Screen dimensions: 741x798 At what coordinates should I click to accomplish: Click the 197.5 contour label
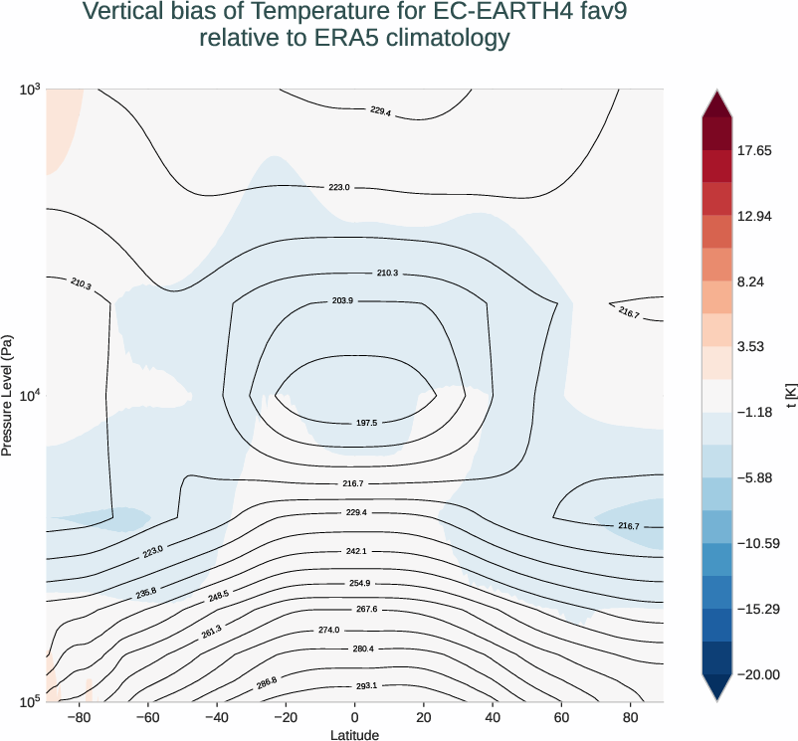click(366, 423)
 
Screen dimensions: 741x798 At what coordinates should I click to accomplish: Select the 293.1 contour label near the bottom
click(366, 685)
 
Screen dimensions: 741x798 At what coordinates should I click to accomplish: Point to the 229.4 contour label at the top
click(380, 111)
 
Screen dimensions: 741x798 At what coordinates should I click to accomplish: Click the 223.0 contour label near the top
click(339, 187)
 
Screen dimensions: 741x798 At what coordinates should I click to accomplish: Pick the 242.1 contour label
click(356, 550)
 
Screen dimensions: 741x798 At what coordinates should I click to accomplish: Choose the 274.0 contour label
click(356, 631)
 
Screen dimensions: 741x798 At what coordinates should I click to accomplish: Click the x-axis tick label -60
click(147, 717)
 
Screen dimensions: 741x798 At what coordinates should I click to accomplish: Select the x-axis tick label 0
click(354, 717)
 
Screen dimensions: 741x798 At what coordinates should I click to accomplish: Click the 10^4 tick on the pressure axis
click(30, 396)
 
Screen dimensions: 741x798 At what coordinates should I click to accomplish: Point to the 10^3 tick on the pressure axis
click(30, 90)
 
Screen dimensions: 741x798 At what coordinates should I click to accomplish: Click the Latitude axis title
click(354, 734)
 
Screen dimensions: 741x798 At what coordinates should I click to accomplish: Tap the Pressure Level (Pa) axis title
click(8, 396)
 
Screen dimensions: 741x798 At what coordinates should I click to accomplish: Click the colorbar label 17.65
click(754, 151)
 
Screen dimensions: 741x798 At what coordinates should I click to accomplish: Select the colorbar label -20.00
click(757, 674)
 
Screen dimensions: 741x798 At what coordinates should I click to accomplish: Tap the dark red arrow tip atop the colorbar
click(715, 94)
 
